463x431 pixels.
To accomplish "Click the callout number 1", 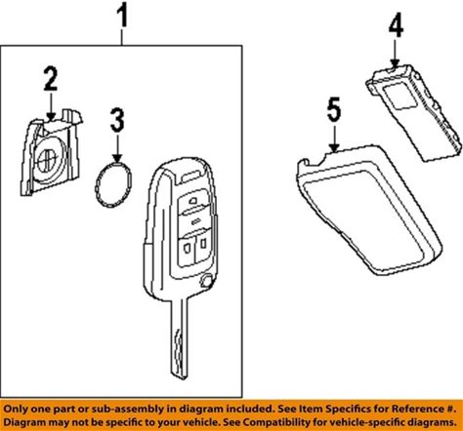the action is point(122,16).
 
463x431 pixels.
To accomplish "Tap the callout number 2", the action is point(51,79).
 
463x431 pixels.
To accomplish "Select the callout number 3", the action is point(117,120).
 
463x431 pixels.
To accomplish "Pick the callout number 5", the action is point(334,109).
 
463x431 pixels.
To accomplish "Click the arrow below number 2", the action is point(51,105).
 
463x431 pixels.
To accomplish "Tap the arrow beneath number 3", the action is point(117,148).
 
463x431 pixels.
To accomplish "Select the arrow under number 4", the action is point(395,53).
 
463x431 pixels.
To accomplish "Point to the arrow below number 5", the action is point(335,137).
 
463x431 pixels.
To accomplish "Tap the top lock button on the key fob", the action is point(193,202).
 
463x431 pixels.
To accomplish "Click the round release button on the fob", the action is point(205,280).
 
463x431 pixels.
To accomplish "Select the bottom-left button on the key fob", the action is point(187,248).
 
